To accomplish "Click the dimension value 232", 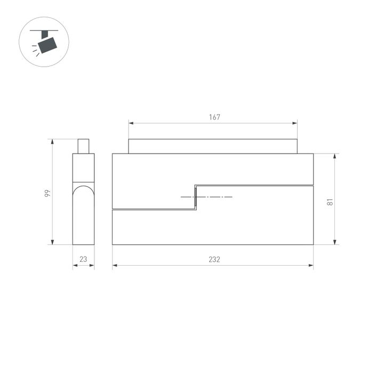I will coord(214,260).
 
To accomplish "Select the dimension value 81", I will coord(330,202).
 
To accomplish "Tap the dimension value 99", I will coord(47,194).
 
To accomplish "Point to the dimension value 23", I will coord(83,260).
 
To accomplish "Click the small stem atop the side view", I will coord(83,146).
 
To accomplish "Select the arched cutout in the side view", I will coord(83,197).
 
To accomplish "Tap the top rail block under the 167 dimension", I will coord(212,146).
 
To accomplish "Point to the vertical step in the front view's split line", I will coord(195,197).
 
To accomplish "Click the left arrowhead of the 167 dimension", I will coord(130,123).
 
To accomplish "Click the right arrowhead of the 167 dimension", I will coord(296,123).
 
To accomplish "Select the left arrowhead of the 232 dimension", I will coord(114,265).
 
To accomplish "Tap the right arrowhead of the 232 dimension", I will coord(311,265).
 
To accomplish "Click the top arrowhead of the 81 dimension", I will coord(335,156).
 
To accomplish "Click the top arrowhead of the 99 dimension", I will coord(52,141).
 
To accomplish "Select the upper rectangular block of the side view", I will coord(83,167).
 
